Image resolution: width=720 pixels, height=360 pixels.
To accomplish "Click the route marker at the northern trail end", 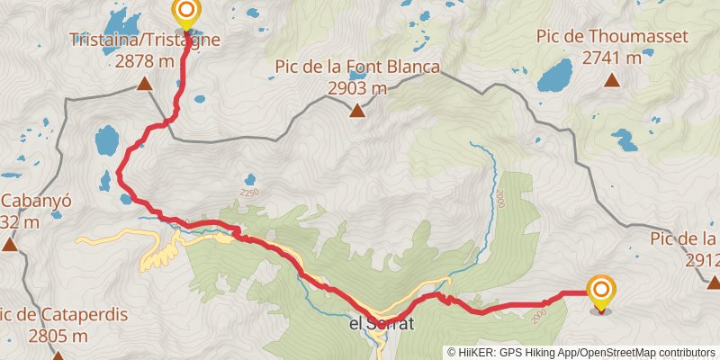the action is click(186, 13).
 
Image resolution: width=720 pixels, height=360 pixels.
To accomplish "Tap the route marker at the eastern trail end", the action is click(600, 291).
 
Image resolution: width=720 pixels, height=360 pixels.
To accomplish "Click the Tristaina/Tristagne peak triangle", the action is click(143, 85).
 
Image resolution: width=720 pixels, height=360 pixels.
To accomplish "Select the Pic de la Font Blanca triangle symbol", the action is click(357, 112).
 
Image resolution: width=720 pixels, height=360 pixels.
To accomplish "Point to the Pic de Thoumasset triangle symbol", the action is click(612, 80).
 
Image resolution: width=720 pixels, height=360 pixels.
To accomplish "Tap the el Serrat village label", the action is click(381, 324).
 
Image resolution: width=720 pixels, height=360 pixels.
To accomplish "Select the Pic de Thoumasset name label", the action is click(612, 37).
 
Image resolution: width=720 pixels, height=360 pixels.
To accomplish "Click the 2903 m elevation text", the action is click(357, 88).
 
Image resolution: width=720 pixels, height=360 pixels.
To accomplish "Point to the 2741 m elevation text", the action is click(612, 58).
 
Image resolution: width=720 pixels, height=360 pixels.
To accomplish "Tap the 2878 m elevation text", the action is click(144, 61).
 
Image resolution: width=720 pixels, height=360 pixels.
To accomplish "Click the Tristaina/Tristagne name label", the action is click(144, 40).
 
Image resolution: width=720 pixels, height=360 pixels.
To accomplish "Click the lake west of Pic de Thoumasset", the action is click(554, 76).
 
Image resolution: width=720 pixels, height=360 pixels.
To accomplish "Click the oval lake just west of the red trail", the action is click(106, 139).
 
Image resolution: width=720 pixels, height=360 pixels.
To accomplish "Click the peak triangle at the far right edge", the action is click(714, 283).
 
